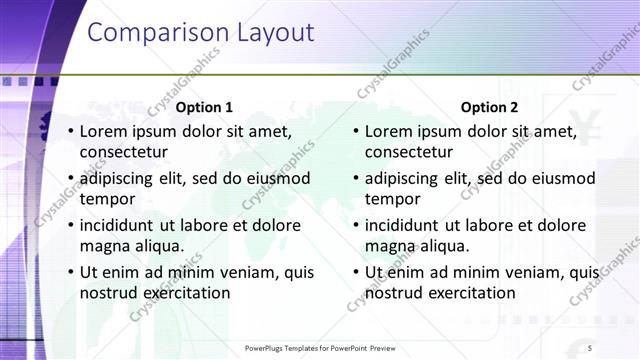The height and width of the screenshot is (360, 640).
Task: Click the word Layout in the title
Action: [x=274, y=33]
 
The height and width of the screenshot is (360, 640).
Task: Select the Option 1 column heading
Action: [x=204, y=108]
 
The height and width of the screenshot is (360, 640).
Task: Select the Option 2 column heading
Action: [x=490, y=108]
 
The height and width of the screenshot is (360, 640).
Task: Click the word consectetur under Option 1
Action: [x=124, y=153]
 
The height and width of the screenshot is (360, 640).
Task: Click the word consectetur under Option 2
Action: [x=409, y=153]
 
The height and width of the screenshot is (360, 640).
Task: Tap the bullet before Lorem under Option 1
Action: [x=70, y=132]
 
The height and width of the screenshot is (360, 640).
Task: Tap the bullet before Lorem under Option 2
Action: [x=355, y=132]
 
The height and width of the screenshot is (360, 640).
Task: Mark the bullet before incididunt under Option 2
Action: [x=355, y=226]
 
